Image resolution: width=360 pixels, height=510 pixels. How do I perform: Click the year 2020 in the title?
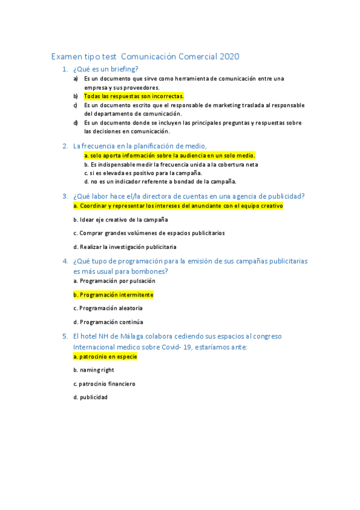(x=229, y=57)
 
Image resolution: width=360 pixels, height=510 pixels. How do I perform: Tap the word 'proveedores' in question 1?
(x=125, y=87)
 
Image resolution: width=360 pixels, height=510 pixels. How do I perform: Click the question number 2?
(x=65, y=146)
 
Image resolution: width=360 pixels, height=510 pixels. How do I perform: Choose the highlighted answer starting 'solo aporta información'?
(x=169, y=155)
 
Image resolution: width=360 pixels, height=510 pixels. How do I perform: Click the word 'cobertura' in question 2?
(x=224, y=164)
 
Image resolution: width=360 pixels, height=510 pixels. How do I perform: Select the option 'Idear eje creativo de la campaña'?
(x=120, y=220)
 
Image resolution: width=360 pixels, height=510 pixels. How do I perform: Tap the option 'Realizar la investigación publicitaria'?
(x=125, y=247)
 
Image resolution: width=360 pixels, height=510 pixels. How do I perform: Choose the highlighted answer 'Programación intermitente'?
(x=113, y=295)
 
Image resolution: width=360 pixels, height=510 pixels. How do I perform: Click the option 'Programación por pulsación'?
(x=114, y=281)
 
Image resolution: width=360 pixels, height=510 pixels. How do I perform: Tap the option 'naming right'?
(x=93, y=370)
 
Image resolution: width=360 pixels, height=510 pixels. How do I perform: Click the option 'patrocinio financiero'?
(x=104, y=384)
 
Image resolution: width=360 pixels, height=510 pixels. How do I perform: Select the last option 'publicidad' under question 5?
(x=90, y=397)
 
